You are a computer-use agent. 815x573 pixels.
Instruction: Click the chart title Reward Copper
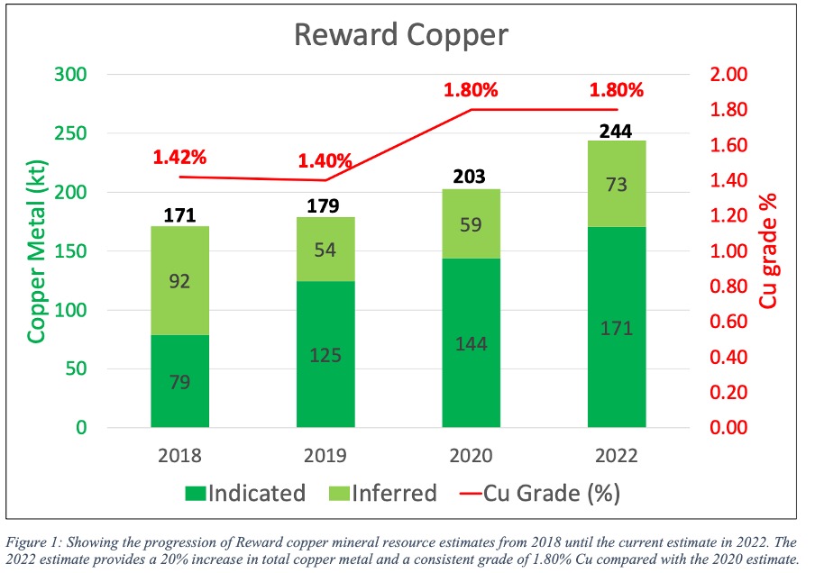point(401,35)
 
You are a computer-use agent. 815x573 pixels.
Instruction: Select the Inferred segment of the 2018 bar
point(179,280)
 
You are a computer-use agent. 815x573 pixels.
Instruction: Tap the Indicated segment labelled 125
point(325,354)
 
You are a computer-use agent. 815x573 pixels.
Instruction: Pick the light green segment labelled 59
point(471,224)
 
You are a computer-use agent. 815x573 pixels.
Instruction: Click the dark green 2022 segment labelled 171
point(617,327)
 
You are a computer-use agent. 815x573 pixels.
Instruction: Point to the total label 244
point(616,131)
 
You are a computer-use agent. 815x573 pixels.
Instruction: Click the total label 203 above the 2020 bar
point(469,177)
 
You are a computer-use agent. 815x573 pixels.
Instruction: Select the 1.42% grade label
point(179,157)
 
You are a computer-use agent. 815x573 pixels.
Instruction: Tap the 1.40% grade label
point(325,161)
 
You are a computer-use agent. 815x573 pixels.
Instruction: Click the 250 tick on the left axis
point(70,133)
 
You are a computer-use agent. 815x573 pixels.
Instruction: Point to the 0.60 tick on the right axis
point(728,322)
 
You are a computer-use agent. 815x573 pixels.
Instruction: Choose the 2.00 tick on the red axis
point(728,74)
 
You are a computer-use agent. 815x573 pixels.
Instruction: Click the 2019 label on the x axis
point(325,456)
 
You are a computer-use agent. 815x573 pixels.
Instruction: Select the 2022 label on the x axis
point(617,456)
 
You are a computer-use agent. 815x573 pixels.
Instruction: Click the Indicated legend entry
point(245,493)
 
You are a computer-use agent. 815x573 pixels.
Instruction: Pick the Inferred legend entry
point(383,493)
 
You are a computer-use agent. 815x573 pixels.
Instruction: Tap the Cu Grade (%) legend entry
point(540,493)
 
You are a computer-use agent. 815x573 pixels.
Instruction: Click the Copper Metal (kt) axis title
point(36,251)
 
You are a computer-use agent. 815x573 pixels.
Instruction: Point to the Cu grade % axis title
point(768,250)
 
